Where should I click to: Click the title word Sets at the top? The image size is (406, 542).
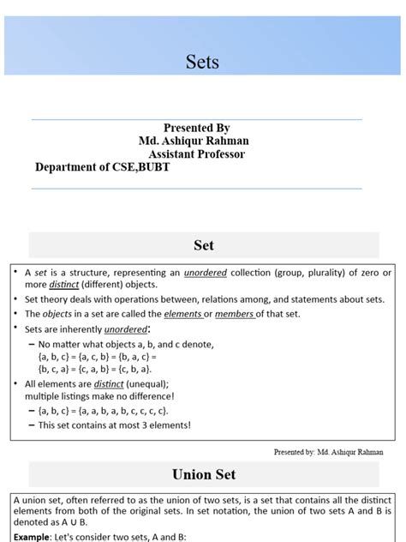pos(203,62)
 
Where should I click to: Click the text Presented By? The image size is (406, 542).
pos(196,128)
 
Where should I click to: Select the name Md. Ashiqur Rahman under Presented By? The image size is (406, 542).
pos(196,141)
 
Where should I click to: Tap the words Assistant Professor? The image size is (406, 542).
pos(196,154)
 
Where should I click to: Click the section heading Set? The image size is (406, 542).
pos(203,245)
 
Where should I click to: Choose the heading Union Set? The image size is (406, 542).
pos(203,473)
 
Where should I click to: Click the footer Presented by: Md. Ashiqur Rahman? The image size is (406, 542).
pos(328,451)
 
